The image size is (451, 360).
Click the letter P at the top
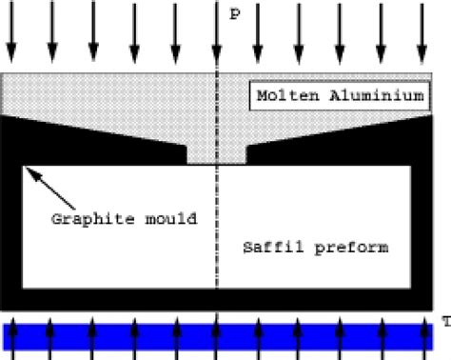tap(234, 16)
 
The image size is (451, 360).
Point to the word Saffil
tap(268, 248)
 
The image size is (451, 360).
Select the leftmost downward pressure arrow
tap(11, 33)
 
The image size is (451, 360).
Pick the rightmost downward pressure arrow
tap(422, 33)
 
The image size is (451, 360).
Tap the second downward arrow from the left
tap(52, 33)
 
